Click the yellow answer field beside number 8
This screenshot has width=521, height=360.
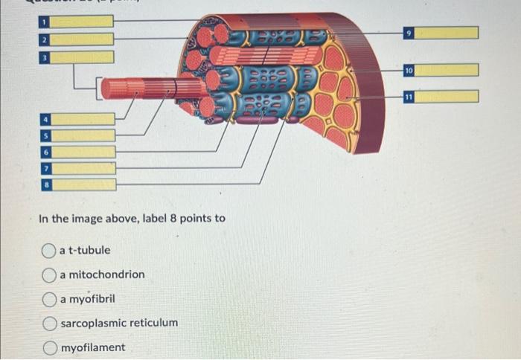click(x=84, y=184)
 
